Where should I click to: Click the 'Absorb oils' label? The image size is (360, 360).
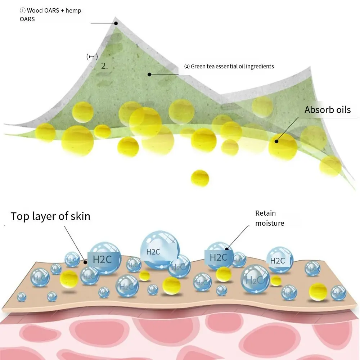tap(327, 110)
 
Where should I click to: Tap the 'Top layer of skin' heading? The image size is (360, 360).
tap(50, 216)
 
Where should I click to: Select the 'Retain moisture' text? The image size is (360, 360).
tap(269, 218)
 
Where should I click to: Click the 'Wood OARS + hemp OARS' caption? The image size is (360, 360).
tap(50, 14)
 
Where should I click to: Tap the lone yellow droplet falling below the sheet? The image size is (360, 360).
tap(200, 178)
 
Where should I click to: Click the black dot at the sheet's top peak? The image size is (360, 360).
tap(116, 23)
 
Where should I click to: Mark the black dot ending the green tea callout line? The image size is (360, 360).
tap(149, 75)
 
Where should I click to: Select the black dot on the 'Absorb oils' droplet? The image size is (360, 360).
tap(276, 141)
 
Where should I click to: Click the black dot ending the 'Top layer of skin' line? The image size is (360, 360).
tap(85, 262)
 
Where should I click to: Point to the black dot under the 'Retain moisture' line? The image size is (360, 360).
tap(227, 248)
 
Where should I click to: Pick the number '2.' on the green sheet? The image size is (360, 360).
tap(104, 66)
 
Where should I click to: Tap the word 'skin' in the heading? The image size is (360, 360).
tap(80, 216)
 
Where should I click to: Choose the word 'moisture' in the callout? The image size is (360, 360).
tap(270, 223)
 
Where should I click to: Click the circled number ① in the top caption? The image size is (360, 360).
tap(22, 10)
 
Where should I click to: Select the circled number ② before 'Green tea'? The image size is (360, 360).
tap(187, 67)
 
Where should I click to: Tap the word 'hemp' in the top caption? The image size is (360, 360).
tap(73, 10)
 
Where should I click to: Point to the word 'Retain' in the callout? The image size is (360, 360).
tap(265, 213)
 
